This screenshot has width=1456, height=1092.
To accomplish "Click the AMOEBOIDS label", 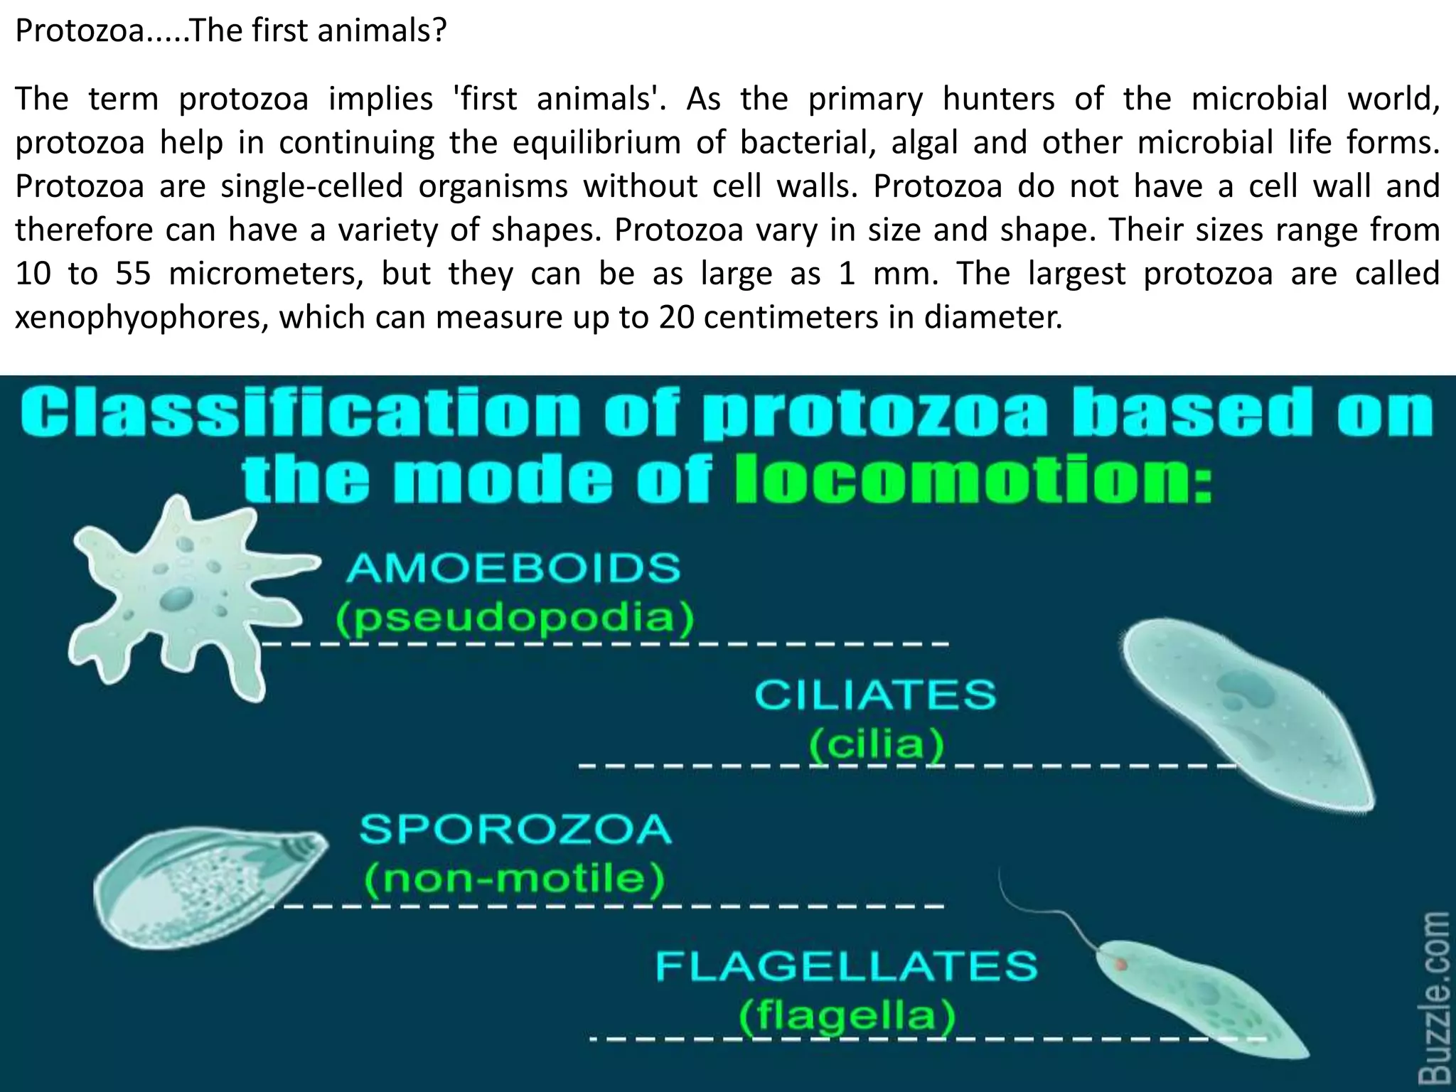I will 513,568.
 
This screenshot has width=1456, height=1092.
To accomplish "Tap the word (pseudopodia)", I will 515,618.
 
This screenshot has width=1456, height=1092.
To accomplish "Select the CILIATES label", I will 875,695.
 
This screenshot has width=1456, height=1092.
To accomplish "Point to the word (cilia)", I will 877,744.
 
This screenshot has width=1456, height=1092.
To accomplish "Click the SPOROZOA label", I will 515,829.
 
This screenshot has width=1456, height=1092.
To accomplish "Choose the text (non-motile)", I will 515,879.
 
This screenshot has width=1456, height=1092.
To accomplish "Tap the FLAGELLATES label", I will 846,966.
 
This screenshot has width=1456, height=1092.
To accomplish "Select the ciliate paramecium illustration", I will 1244,711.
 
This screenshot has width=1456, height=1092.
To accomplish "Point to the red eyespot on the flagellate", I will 1121,965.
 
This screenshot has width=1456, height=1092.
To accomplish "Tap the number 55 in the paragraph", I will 133,274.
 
